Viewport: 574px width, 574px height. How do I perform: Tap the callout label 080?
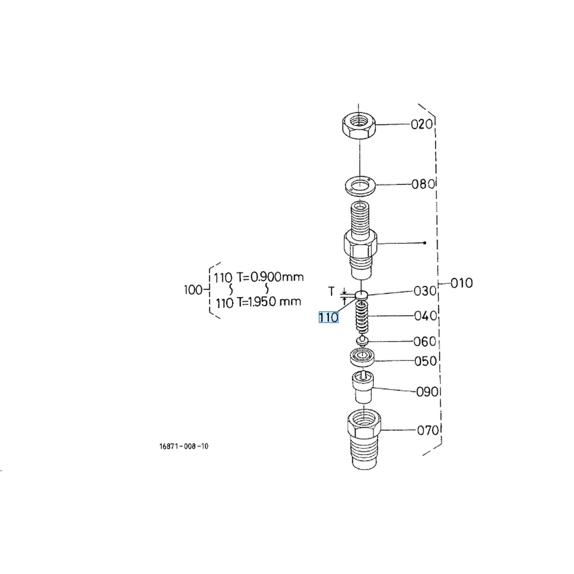pyautogui.click(x=423, y=184)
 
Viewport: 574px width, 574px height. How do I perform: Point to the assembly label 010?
pyautogui.click(x=461, y=283)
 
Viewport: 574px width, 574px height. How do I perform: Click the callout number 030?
pyautogui.click(x=425, y=291)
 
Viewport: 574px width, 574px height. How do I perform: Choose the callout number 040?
pyautogui.click(x=426, y=316)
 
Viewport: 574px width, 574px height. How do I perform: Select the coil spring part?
pyautogui.click(x=362, y=317)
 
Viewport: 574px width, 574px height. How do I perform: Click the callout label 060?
pyautogui.click(x=425, y=341)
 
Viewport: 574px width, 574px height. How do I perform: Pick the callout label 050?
pyautogui.click(x=426, y=361)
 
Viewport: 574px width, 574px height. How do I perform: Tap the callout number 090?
pyautogui.click(x=427, y=391)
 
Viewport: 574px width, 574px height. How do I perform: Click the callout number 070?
pyautogui.click(x=427, y=430)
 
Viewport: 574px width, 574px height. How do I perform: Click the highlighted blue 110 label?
pyautogui.click(x=328, y=317)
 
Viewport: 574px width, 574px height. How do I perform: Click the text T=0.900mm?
pyautogui.click(x=270, y=277)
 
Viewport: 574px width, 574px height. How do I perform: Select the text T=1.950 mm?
pyautogui.click(x=269, y=302)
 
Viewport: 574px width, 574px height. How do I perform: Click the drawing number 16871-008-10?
pyautogui.click(x=184, y=446)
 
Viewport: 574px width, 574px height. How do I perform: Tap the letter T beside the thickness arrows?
pyautogui.click(x=331, y=292)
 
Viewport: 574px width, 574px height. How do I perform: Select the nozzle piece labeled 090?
pyautogui.click(x=363, y=387)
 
